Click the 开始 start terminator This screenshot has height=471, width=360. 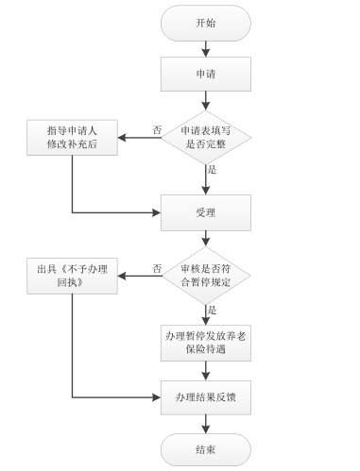(x=205, y=23)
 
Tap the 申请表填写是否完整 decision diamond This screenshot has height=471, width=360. (x=205, y=139)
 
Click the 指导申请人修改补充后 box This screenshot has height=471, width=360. (x=73, y=139)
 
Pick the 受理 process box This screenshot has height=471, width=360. (x=205, y=212)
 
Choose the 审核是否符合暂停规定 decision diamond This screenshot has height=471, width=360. (x=205, y=276)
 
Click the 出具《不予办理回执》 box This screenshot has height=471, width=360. (x=73, y=276)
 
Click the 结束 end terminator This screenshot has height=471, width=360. (x=205, y=448)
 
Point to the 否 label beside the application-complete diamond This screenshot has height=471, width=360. (x=157, y=130)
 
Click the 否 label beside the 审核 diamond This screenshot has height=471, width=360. (x=157, y=267)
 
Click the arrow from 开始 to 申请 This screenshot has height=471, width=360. (x=205, y=49)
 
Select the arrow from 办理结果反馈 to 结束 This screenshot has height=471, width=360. (x=205, y=424)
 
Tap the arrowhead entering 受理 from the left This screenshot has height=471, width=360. (x=155, y=212)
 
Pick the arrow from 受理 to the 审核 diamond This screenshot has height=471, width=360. (x=205, y=242)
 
